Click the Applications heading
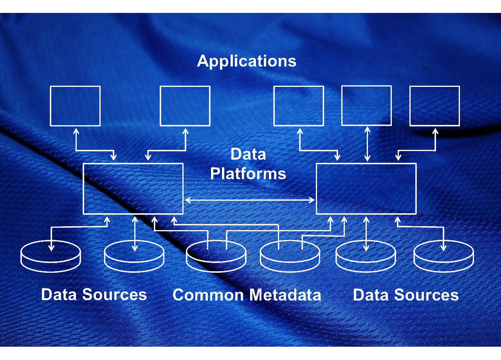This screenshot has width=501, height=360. point(247,61)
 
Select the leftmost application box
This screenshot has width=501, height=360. point(75,106)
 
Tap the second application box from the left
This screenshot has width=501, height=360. point(185,106)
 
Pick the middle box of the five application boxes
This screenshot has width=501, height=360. point(299,106)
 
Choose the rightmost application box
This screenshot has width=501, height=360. point(434,106)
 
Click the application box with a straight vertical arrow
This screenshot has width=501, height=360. point(366,106)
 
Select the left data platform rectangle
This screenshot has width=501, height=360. point(133,189)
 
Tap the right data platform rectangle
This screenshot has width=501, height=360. point(366,189)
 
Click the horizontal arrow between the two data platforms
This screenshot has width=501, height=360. point(250,200)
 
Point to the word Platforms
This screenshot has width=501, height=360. point(248,174)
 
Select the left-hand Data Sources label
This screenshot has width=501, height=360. point(94,295)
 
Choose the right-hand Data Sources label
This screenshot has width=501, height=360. point(406,295)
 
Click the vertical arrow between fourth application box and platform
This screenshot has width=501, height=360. point(367,144)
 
